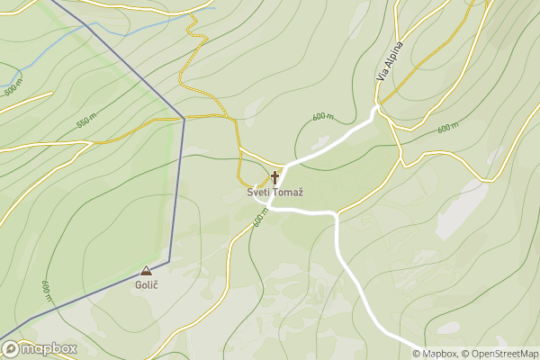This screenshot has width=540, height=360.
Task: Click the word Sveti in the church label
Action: [257, 193]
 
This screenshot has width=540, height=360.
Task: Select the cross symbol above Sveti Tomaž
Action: [274, 177]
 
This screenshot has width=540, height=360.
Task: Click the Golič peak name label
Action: [146, 284]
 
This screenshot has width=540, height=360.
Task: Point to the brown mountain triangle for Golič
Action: [146, 270]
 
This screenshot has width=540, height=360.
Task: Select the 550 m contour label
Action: [86, 121]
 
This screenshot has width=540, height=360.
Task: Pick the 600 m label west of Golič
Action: [46, 291]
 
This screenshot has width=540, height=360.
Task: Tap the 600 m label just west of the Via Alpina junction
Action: [323, 117]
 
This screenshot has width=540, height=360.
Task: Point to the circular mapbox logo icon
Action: [10, 348]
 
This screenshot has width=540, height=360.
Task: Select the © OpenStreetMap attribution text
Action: [499, 354]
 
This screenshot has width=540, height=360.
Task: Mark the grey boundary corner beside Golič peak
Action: [169, 261]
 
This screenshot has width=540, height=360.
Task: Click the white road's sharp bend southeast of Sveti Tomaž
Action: [336, 214]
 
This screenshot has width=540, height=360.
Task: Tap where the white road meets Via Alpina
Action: [377, 109]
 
